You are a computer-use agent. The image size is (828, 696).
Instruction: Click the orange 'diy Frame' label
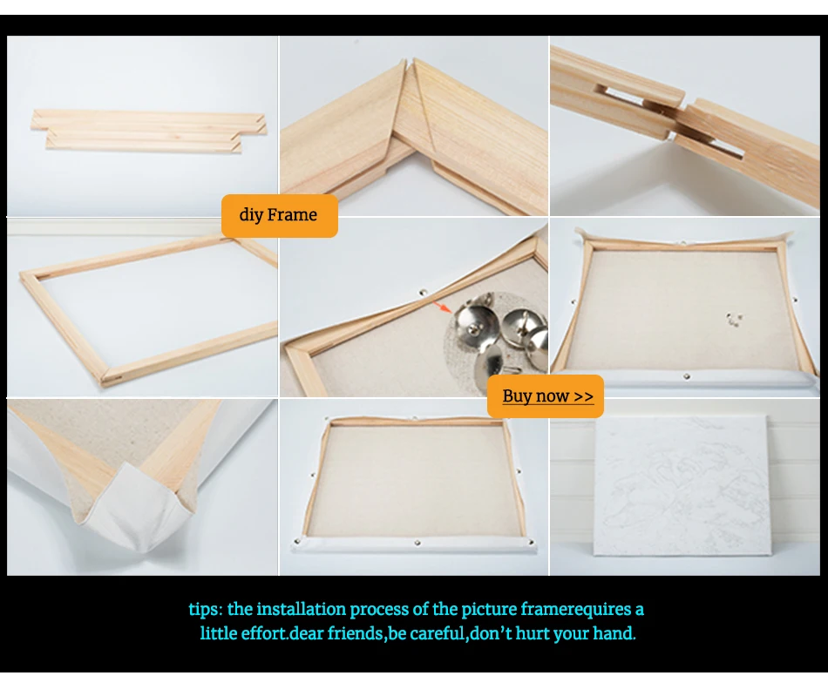(280, 215)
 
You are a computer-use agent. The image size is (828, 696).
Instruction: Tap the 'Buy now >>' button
(545, 396)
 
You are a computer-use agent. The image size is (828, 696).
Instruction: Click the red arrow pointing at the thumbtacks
(442, 307)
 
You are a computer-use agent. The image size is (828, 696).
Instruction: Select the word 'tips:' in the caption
(206, 610)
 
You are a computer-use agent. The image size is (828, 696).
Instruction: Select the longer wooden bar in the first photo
(148, 122)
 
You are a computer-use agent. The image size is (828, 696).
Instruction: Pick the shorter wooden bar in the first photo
(144, 141)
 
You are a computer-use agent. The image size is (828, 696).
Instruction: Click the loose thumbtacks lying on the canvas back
(734, 319)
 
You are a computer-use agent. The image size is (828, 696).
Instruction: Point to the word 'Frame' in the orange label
(292, 215)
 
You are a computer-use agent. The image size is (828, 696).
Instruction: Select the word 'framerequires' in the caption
(575, 610)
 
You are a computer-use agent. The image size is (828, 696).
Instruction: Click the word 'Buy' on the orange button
(515, 395)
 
